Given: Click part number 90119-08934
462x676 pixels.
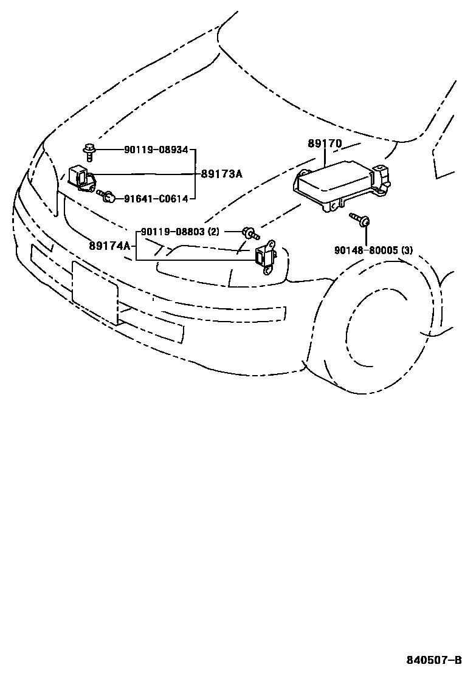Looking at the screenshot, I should [x=156, y=150].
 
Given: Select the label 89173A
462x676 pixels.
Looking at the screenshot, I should [x=222, y=174].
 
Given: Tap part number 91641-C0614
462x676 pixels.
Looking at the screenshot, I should [x=156, y=198].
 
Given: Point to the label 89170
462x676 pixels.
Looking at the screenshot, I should [x=325, y=144].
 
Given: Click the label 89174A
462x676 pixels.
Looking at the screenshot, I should [x=110, y=246].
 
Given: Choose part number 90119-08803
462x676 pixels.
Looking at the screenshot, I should [x=173, y=232].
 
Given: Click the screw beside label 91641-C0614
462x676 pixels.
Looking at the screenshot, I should [x=107, y=196].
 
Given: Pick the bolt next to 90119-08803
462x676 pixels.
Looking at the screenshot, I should [x=250, y=232].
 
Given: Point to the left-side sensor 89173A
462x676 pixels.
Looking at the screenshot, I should [x=81, y=178].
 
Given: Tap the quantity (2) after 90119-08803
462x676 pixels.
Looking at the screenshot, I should [x=213, y=232].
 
